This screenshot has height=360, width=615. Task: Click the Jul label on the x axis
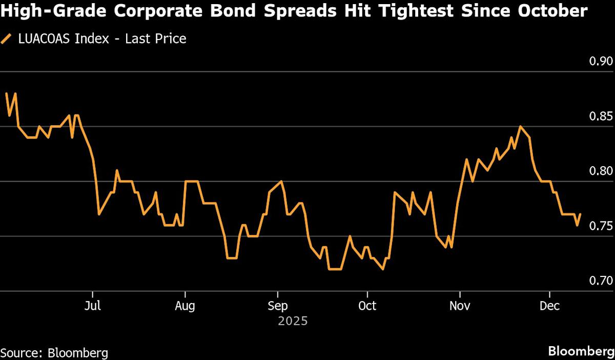(x=92, y=306)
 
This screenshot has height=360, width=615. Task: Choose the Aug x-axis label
(x=184, y=306)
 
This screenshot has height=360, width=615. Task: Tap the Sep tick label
(x=277, y=306)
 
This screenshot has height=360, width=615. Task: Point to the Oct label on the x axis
(x=367, y=306)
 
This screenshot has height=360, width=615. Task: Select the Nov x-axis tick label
(x=460, y=306)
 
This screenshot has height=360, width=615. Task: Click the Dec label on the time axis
(x=550, y=306)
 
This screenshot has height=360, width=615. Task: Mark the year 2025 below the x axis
(x=293, y=322)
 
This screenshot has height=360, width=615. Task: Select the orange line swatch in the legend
(x=7, y=38)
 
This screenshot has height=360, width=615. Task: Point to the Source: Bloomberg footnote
(x=54, y=353)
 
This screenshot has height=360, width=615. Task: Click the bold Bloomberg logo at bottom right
(x=581, y=352)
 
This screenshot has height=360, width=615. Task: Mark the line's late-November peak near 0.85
(x=520, y=126)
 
